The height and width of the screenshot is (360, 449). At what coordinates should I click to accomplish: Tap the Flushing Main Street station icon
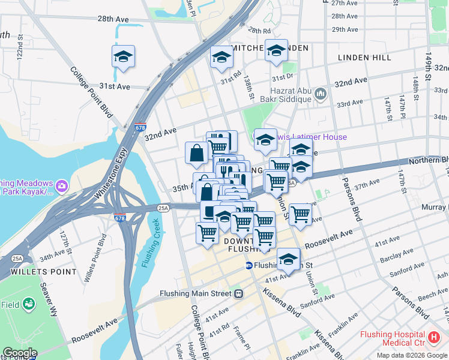pos(238,294)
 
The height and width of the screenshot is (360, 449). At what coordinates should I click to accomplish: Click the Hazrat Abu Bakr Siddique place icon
pos(320,94)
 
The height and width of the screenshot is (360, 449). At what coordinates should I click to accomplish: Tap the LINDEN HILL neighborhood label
pos(364,58)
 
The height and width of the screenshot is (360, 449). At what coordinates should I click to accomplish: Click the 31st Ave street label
pos(115,86)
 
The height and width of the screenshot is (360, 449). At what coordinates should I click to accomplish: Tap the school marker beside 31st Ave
pos(123,57)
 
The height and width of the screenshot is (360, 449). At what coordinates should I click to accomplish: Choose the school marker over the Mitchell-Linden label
pos(277,52)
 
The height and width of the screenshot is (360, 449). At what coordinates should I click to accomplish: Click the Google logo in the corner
pos(19,353)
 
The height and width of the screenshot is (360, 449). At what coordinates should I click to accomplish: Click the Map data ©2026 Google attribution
pos(411,355)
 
